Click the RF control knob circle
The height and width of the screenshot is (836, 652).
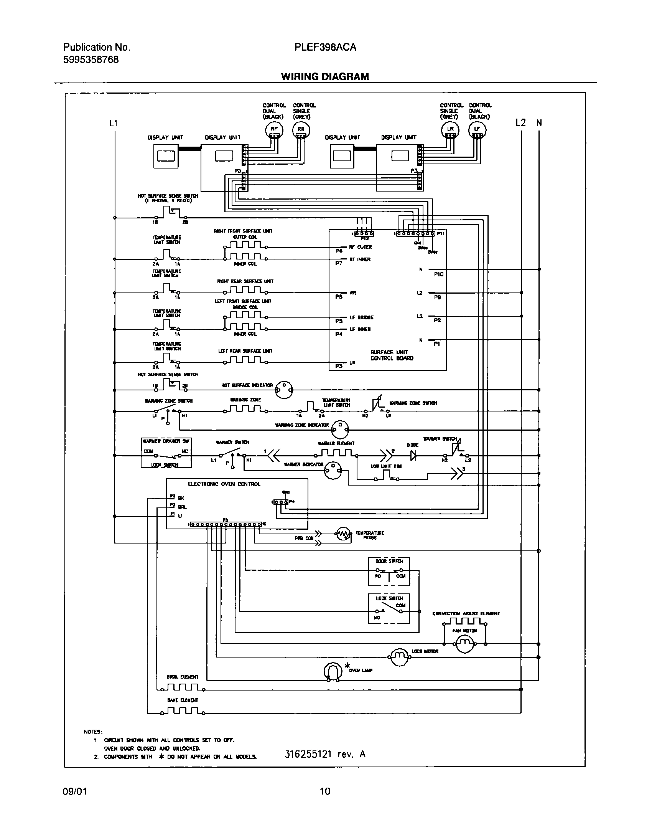pyautogui.click(x=274, y=130)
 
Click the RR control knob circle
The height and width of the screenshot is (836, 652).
pyautogui.click(x=301, y=130)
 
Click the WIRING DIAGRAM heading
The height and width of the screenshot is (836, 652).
pyautogui.click(x=325, y=77)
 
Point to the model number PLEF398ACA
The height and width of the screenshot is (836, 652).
pyautogui.click(x=325, y=47)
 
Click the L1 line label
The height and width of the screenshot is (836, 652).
pyautogui.click(x=114, y=123)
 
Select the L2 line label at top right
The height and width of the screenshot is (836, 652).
pyautogui.click(x=520, y=123)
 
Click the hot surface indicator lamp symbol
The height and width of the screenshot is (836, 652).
pyautogui.click(x=284, y=389)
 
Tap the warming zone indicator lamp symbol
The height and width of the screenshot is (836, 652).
pyautogui.click(x=340, y=429)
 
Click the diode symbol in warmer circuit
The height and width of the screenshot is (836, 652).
pyautogui.click(x=413, y=456)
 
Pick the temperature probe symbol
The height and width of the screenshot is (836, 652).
pyautogui.click(x=343, y=534)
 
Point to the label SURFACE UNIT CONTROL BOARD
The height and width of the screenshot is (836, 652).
pyautogui.click(x=392, y=355)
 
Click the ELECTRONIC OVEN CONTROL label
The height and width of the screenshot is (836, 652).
pyautogui.click(x=224, y=484)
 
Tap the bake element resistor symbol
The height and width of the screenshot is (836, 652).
pyautogui.click(x=183, y=711)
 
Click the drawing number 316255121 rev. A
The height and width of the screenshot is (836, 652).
pyautogui.click(x=325, y=754)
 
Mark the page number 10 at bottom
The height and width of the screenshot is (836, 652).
pyautogui.click(x=325, y=791)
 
